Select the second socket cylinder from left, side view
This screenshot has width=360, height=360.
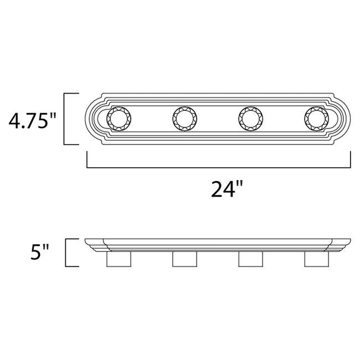[184, 259]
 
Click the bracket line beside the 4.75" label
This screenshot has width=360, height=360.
[66, 119]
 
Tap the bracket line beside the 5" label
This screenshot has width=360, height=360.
[66, 253]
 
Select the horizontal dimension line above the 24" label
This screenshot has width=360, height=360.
[219, 167]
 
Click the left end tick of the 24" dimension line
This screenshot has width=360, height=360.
[87, 160]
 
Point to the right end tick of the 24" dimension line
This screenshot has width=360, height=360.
[351, 160]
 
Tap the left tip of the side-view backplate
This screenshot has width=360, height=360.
[87, 241]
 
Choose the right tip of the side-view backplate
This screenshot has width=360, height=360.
[350, 241]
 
